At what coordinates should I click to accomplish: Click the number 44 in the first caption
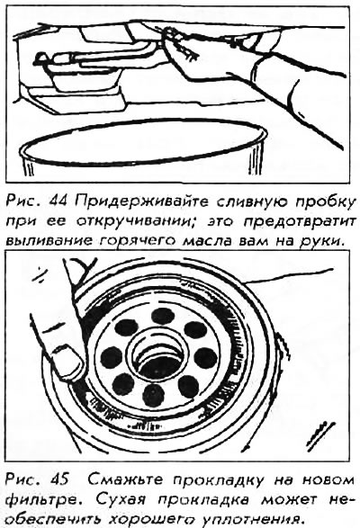tap(60, 202)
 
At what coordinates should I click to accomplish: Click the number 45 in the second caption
tap(58, 479)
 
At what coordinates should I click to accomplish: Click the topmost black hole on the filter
tap(163, 317)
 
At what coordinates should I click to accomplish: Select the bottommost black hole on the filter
tap(153, 394)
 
